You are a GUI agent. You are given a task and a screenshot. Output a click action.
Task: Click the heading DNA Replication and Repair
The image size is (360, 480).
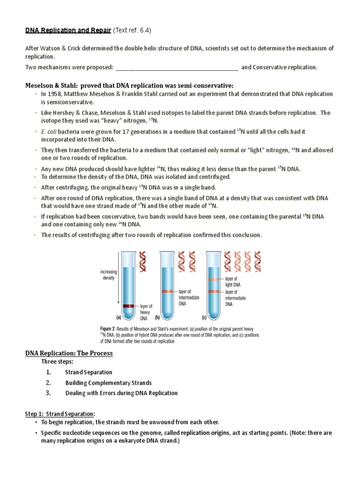click(x=68, y=30)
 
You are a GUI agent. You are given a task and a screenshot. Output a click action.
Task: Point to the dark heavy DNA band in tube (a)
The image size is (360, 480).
click(x=128, y=306)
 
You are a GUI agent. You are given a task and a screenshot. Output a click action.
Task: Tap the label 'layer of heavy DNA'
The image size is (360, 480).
click(x=147, y=312)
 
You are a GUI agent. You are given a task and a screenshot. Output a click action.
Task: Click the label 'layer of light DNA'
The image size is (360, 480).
click(x=234, y=281)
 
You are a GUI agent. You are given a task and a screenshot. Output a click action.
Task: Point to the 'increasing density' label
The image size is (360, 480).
click(x=108, y=275)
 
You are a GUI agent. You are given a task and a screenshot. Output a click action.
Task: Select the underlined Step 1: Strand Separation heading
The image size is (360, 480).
click(x=60, y=413)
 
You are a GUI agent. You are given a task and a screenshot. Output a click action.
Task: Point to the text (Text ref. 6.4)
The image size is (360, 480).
click(x=133, y=30)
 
